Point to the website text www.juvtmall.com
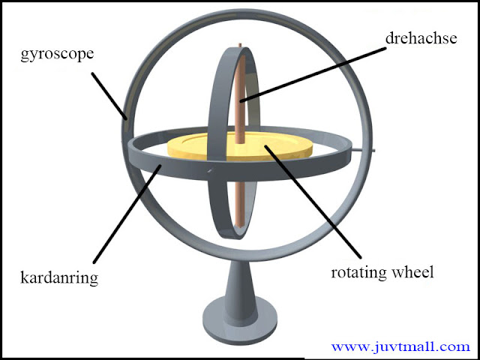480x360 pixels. (x=400, y=346)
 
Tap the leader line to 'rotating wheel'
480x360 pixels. (x=315, y=202)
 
